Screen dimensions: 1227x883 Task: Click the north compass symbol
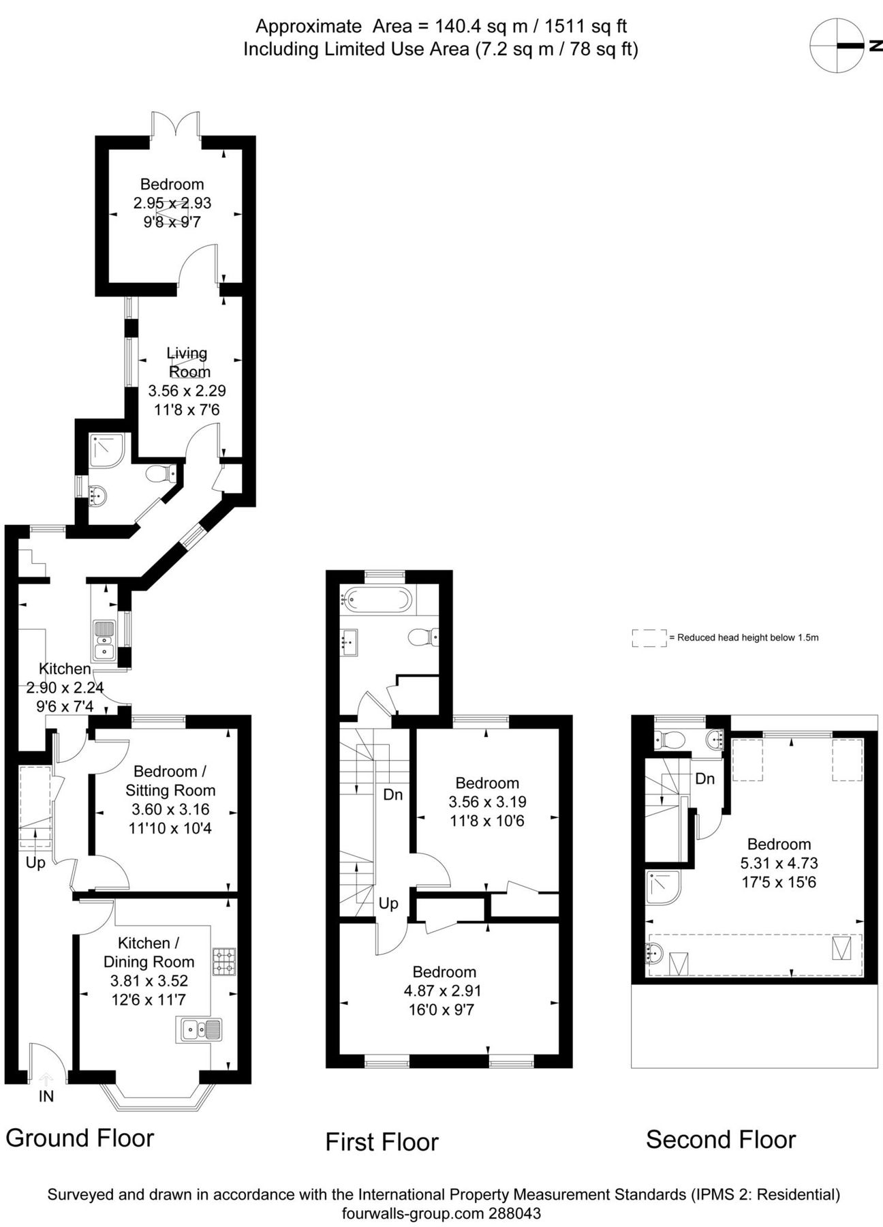coord(836,46)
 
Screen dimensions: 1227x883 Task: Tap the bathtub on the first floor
coord(377,600)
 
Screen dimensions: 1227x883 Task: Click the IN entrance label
coord(46,1096)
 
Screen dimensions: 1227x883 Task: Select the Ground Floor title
coord(80,1138)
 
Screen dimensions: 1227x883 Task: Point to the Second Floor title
coord(720,1139)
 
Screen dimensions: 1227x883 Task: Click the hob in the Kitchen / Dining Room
coord(224,961)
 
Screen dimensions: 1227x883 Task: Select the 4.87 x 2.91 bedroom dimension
coord(444,990)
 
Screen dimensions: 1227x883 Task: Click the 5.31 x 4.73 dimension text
coord(779,863)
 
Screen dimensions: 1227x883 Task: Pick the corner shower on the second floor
coord(662,888)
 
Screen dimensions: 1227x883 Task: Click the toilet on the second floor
coord(671,739)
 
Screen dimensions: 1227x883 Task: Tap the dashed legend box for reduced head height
coord(649,638)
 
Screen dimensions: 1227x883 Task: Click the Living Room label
coord(188,363)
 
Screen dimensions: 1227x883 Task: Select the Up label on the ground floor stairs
coord(35,862)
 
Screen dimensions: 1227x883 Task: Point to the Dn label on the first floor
coord(393,794)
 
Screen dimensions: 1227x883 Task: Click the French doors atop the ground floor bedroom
coord(176,127)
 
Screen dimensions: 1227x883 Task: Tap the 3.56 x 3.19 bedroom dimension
coord(487,802)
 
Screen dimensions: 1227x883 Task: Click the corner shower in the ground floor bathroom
coord(107,450)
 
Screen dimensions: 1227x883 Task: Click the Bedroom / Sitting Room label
coord(170,781)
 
